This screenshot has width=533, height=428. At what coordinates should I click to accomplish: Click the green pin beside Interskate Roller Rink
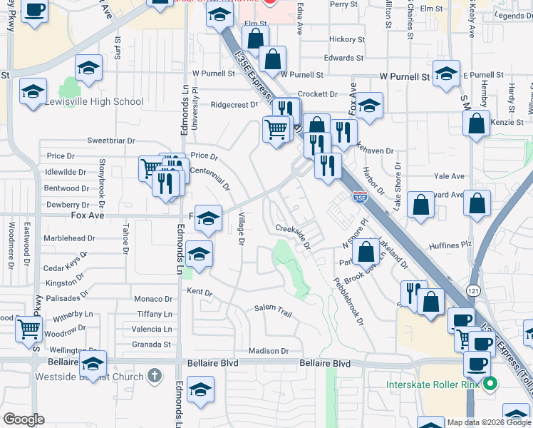point(489,385)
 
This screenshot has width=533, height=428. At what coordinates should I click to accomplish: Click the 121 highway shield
point(473,290)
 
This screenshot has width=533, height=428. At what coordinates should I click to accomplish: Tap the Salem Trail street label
point(274,309)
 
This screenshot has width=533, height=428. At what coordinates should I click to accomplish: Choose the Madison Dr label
point(269,351)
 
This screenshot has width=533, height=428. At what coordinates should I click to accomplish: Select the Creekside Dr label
point(293,235)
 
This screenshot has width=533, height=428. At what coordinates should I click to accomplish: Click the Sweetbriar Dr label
point(110,141)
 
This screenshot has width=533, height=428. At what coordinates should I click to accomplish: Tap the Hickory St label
point(347,40)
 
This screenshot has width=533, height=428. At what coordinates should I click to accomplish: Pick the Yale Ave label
point(449,176)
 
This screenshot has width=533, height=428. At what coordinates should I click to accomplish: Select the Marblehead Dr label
point(69,238)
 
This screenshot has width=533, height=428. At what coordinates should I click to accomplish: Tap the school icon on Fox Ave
point(208,218)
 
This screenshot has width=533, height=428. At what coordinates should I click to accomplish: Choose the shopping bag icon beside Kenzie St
point(476,124)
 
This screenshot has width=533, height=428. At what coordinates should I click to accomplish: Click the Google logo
point(24,419)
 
